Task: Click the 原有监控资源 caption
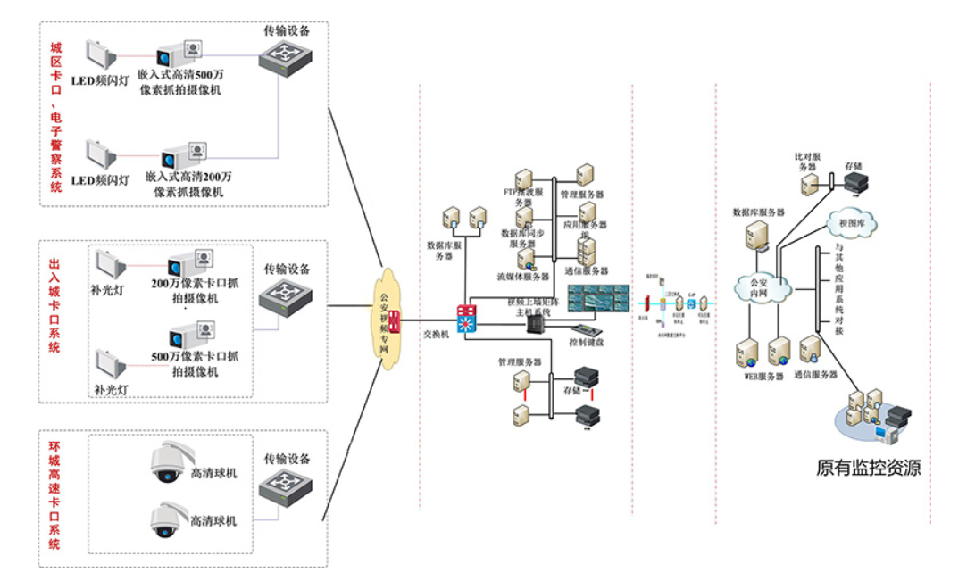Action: point(868,468)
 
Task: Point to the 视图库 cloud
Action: point(854,223)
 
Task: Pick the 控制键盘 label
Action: point(587,342)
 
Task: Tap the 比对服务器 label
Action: point(807,162)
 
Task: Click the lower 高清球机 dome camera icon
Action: point(166,519)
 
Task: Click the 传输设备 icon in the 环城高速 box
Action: point(287,490)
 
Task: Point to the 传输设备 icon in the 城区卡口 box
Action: point(287,59)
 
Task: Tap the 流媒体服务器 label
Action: point(523,277)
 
